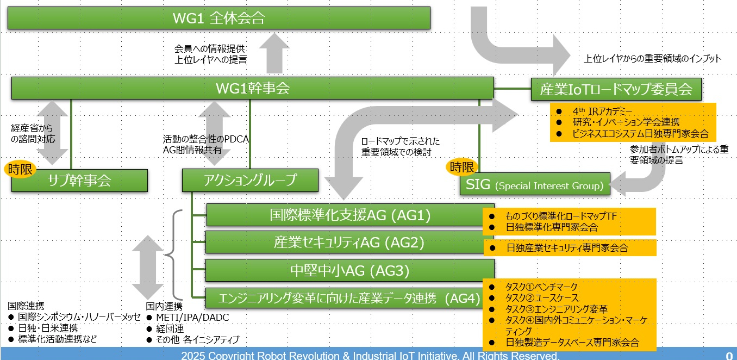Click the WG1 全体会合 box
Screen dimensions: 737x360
click(219, 18)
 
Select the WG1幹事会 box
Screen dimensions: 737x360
click(252, 88)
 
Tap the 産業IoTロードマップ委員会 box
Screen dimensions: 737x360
click(616, 89)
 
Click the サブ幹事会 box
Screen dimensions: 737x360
click(79, 181)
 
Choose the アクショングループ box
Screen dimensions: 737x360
click(250, 180)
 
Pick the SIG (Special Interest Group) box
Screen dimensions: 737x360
click(535, 184)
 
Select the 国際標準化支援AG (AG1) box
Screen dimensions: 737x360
click(350, 215)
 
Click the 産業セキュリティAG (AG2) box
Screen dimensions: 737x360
click(349, 242)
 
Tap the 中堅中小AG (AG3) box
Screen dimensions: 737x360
click(349, 270)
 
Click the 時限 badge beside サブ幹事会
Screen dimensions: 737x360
click(20, 170)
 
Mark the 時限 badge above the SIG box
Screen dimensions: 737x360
click(461, 167)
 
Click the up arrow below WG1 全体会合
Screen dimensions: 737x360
click(274, 53)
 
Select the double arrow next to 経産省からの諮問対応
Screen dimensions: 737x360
click(52, 133)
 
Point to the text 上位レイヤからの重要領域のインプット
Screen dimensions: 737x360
click(652, 59)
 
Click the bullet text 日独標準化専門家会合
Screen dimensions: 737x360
click(552, 227)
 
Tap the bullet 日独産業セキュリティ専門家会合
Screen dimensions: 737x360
click(567, 248)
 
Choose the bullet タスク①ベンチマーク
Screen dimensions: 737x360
click(541, 287)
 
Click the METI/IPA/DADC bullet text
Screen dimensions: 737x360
click(192, 318)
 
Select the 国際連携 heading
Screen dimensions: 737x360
click(26, 306)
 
